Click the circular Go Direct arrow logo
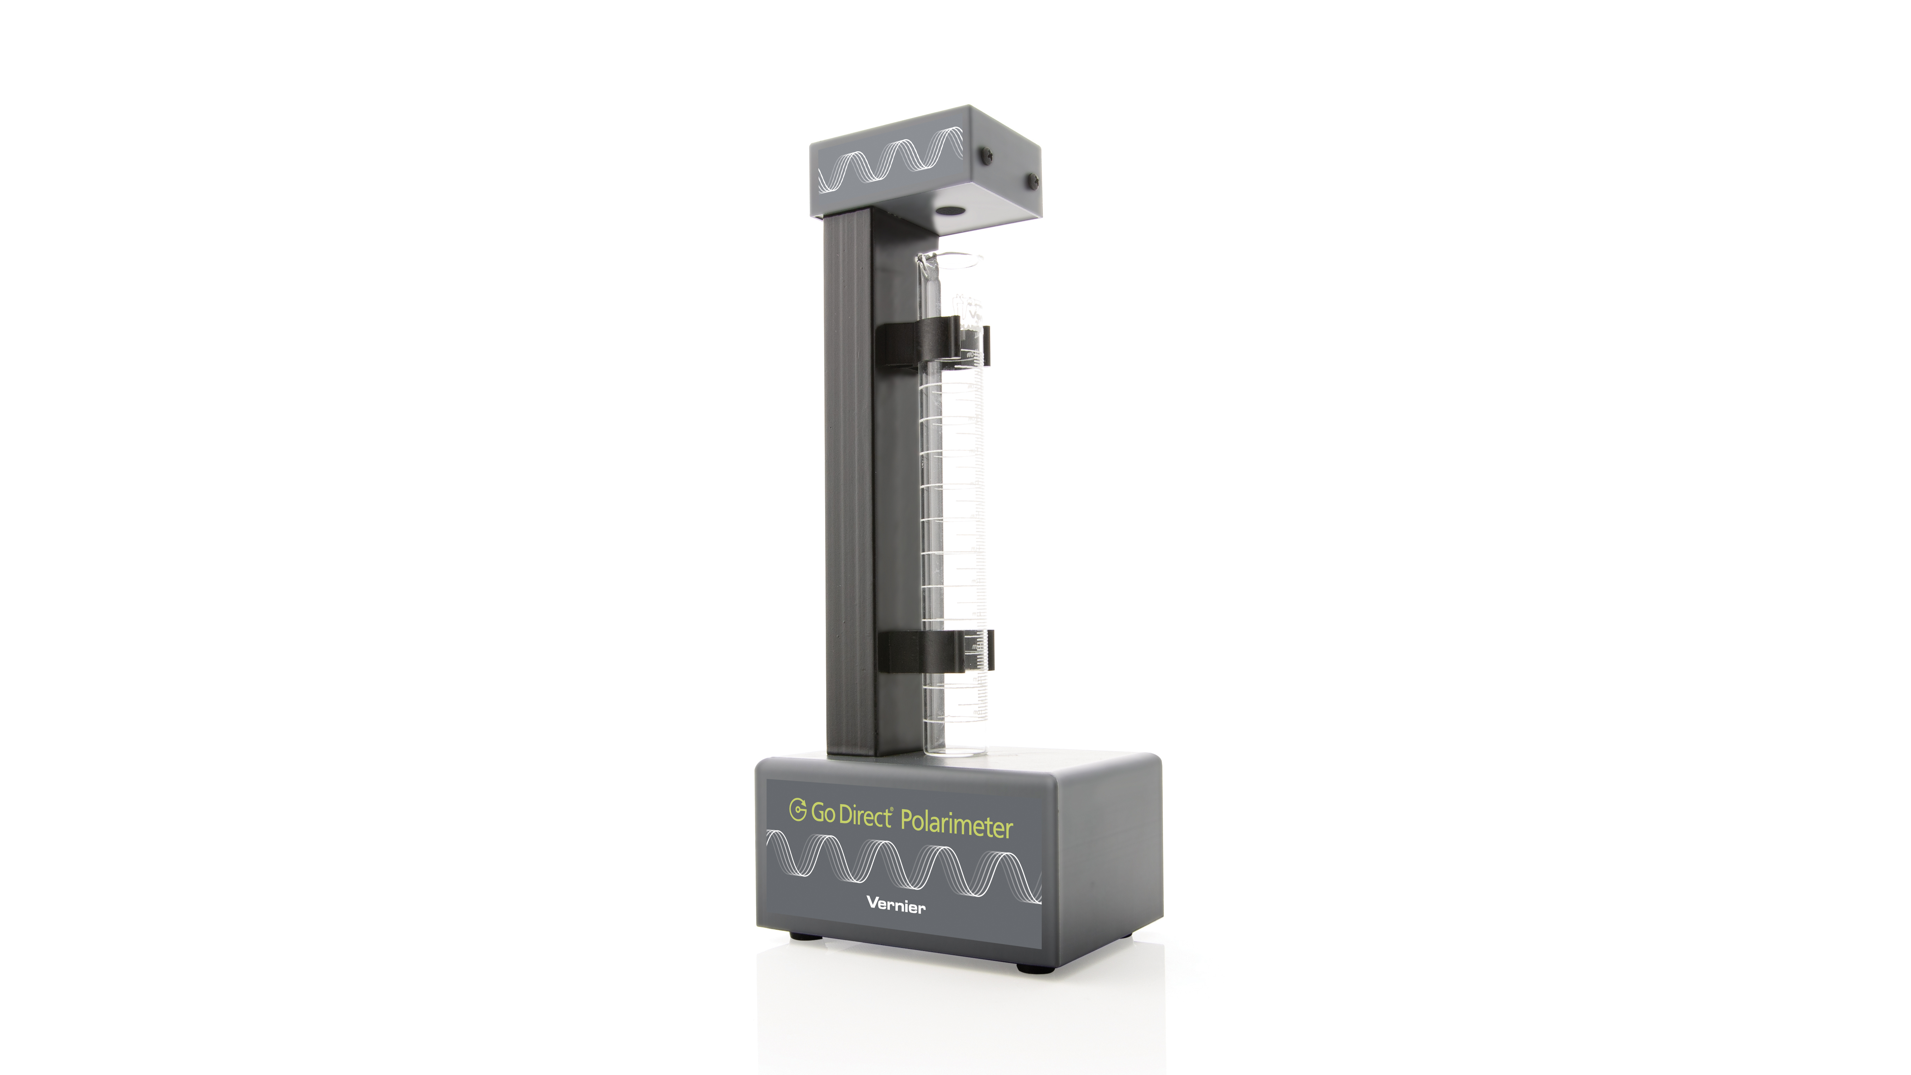798,810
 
